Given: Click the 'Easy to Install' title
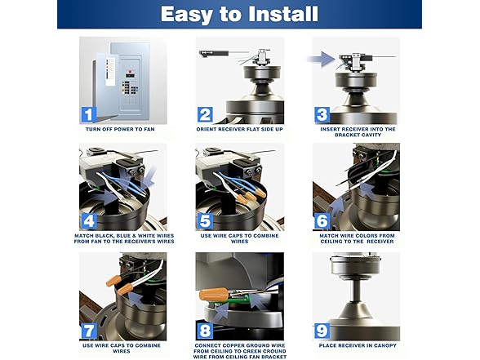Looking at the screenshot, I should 239,15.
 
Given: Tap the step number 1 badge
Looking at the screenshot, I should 89,115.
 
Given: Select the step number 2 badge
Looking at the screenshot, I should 206,115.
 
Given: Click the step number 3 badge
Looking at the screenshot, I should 323,115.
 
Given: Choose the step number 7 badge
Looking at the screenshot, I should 89,330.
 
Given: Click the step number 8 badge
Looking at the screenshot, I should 206,331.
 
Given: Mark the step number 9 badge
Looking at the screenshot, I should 323,330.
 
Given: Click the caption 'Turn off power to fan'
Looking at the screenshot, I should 122,130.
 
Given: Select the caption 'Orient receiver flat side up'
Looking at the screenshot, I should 239,130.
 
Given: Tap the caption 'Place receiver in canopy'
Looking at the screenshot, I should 357,345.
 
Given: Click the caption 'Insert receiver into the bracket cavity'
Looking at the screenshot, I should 357,133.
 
